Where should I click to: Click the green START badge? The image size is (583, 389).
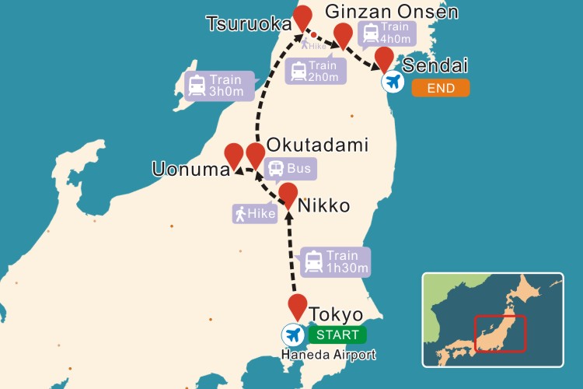(337, 335)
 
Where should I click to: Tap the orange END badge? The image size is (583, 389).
(440, 88)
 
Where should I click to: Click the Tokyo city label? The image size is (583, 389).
(336, 315)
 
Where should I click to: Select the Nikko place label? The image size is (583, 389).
(323, 205)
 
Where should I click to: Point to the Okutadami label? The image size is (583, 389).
(316, 145)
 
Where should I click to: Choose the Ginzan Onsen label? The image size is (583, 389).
(392, 12)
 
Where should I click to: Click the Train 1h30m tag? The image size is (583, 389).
(335, 262)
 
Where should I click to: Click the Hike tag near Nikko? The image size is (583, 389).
(255, 212)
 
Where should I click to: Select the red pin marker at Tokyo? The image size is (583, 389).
(298, 306)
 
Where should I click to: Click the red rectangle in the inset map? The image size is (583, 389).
(501, 332)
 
